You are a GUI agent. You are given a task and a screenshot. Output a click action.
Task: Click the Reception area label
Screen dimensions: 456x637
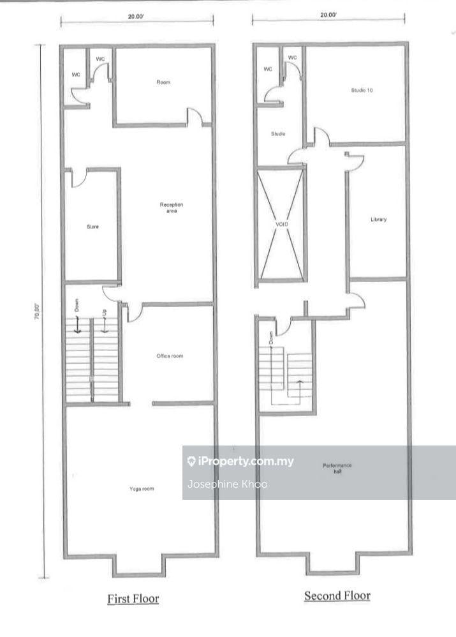click(x=172, y=207)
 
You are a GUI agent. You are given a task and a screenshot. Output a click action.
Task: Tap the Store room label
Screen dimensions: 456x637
click(x=92, y=227)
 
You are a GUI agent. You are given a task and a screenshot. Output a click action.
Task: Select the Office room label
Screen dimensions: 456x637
click(x=170, y=356)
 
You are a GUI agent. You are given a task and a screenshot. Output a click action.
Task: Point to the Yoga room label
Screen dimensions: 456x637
click(x=142, y=489)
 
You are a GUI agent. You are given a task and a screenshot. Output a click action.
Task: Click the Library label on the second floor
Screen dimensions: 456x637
click(x=378, y=220)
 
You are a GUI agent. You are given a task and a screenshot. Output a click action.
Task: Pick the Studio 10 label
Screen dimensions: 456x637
click(x=362, y=90)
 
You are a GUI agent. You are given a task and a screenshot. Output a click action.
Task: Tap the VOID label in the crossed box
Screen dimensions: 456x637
click(x=282, y=224)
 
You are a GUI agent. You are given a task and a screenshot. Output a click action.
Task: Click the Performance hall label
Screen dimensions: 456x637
click(x=337, y=468)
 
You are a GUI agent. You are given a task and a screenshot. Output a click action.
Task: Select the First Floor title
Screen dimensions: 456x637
click(x=133, y=599)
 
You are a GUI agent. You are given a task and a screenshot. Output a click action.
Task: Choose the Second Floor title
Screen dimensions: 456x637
click(x=337, y=596)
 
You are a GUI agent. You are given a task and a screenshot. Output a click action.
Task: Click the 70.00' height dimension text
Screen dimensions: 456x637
click(x=36, y=311)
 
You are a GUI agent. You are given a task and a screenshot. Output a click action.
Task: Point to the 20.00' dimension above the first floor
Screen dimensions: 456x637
click(x=136, y=17)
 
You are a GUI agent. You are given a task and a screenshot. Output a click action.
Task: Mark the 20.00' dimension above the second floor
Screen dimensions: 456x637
click(x=328, y=15)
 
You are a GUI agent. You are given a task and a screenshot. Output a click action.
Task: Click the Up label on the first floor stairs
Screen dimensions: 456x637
click(x=105, y=313)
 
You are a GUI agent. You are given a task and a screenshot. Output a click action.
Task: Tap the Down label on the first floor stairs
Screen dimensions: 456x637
click(x=77, y=305)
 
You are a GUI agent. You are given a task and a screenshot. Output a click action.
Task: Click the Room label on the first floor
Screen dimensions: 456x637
click(x=164, y=82)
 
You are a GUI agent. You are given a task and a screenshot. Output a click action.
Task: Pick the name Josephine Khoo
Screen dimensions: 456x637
click(x=228, y=484)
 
